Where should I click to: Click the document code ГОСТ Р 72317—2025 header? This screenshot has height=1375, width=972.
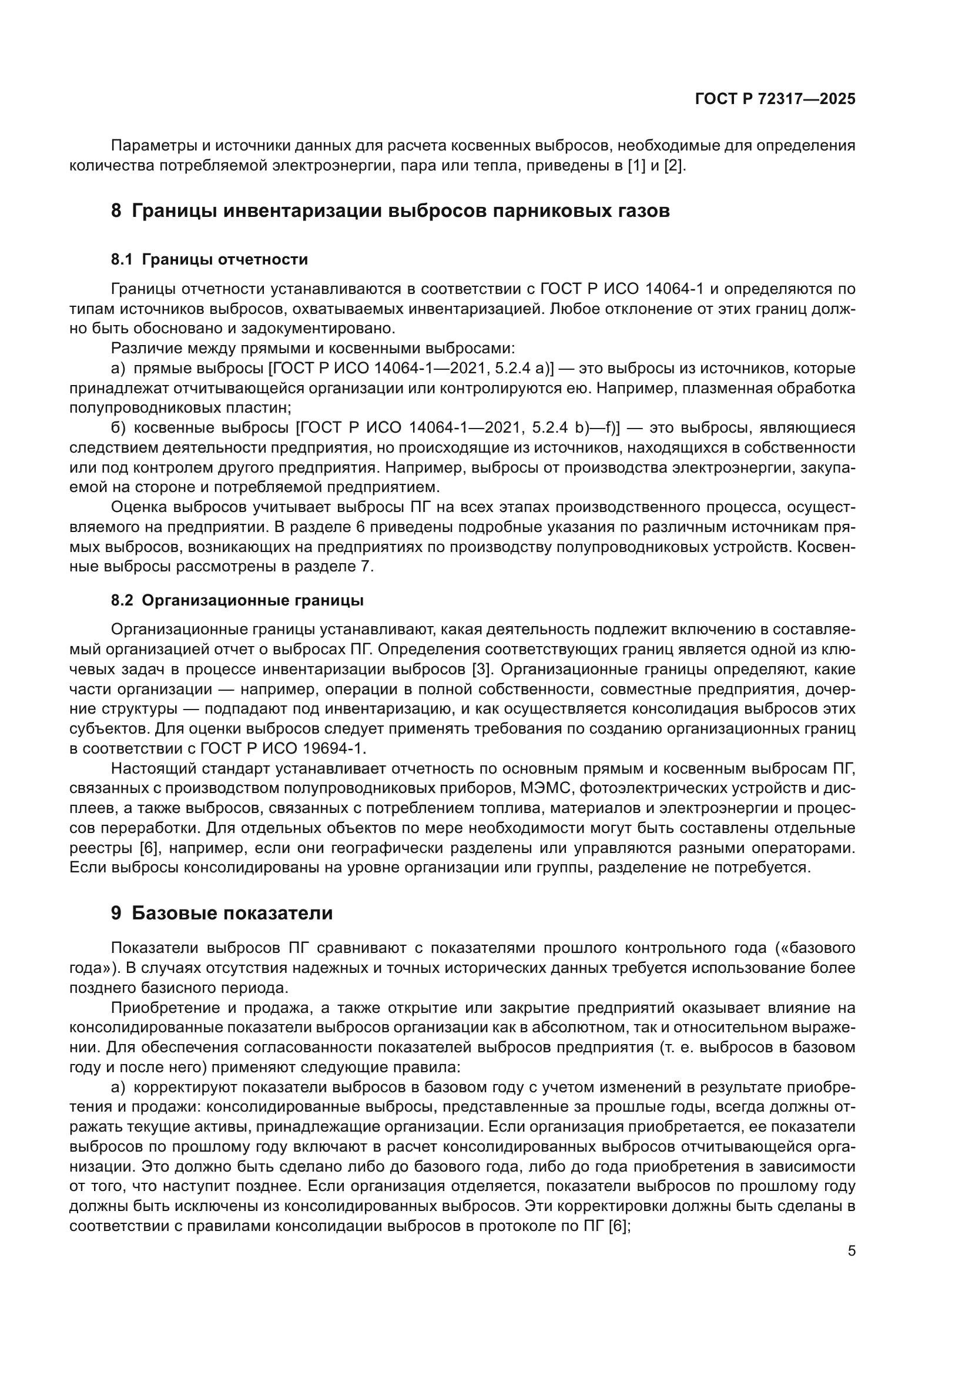point(775,99)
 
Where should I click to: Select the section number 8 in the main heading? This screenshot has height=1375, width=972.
point(116,212)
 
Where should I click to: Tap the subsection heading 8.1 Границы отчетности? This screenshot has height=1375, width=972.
point(209,259)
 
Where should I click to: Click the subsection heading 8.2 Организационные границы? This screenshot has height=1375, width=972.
point(237,600)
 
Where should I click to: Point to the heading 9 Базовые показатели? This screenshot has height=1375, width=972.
point(222,913)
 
